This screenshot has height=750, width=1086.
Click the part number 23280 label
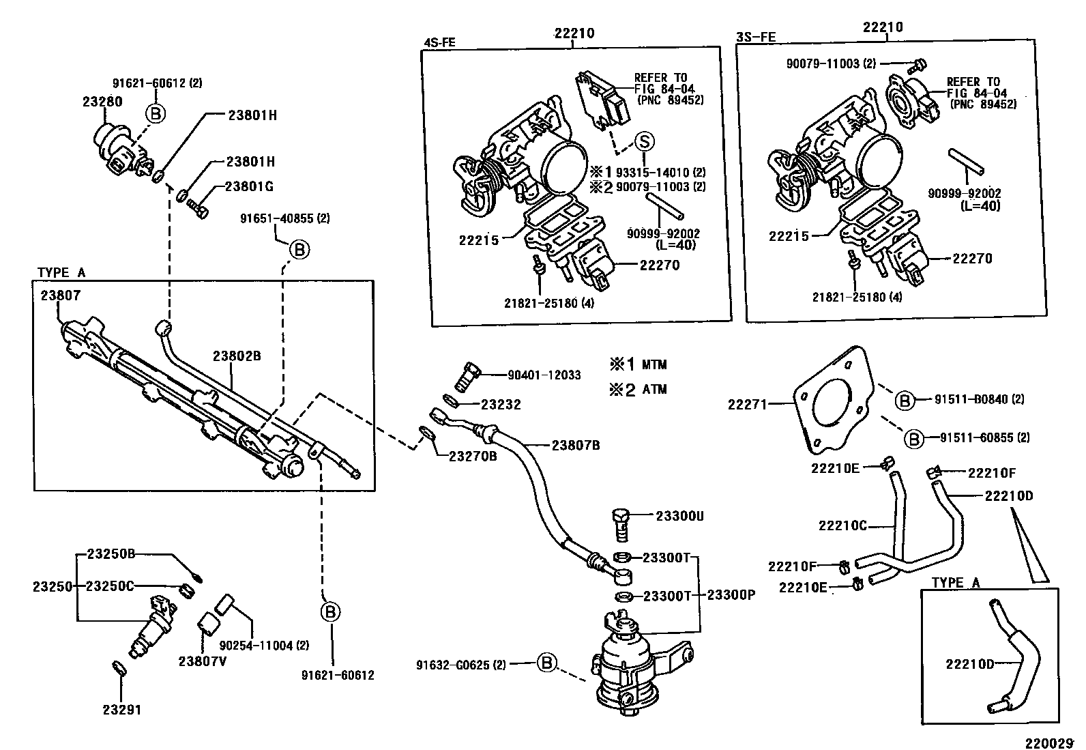[102, 101]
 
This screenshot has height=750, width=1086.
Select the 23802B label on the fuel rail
[237, 356]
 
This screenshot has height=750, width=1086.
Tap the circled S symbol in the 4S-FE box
[644, 141]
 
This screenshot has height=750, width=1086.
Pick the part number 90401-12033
[544, 375]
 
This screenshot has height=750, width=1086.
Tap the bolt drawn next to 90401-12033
[466, 374]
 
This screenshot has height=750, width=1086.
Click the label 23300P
[731, 594]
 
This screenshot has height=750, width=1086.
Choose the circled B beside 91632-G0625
[547, 662]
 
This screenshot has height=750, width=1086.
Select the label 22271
[748, 404]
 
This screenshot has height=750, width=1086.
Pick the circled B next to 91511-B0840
[904, 401]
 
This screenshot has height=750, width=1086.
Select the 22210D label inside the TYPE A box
[970, 663]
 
